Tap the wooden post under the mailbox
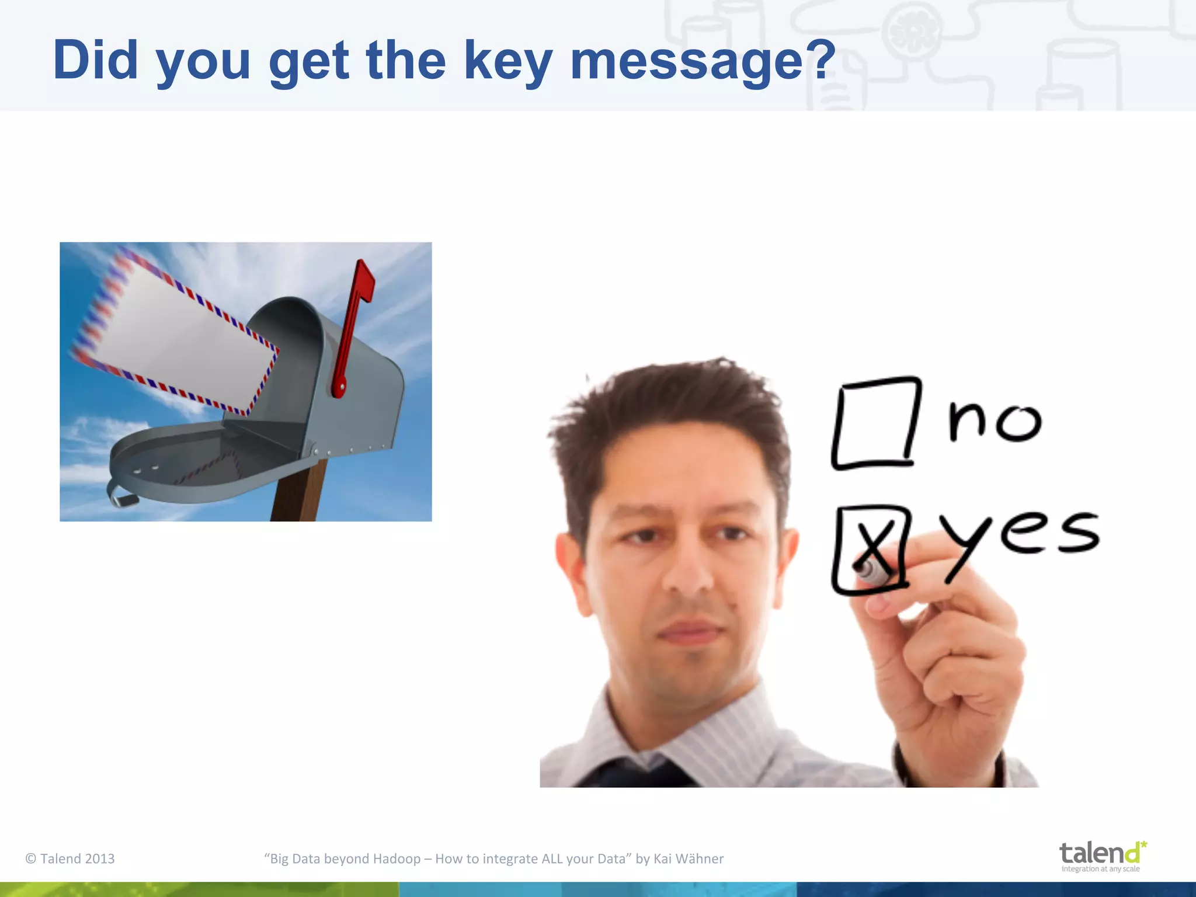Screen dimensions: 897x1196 coord(298,496)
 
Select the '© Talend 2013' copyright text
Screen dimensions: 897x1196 coord(70,858)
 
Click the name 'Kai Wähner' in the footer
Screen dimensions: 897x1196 coord(689,858)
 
